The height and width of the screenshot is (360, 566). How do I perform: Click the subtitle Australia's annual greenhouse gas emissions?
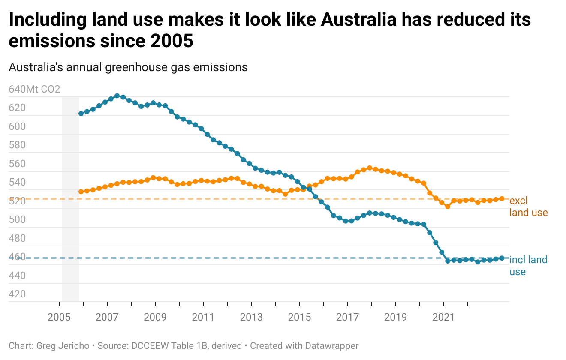pos(128,67)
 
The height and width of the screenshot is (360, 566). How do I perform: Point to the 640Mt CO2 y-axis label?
pos(34,90)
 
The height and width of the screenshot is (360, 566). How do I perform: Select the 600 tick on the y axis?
pos(17,126)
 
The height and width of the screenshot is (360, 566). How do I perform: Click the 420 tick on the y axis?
pos(17,294)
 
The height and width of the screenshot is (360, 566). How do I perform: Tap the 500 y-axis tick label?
pos(17,219)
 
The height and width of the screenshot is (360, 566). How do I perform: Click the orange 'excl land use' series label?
pos(528,207)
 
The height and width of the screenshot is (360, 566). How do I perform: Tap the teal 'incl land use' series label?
pos(528,265)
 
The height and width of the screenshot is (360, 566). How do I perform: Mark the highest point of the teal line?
pos(117,96)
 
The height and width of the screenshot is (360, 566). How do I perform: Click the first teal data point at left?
pos(81,114)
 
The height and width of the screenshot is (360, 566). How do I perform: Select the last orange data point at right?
pos(502,198)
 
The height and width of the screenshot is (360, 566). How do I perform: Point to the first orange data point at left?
pos(81,192)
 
